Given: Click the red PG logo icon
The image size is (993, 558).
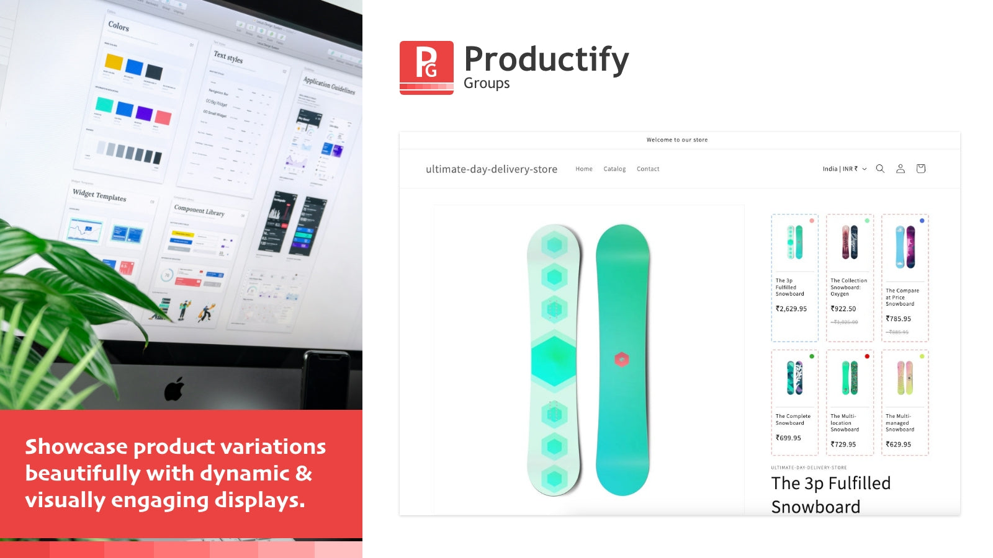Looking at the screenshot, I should (x=426, y=67).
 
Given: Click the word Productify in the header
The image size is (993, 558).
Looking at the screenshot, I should (x=546, y=60).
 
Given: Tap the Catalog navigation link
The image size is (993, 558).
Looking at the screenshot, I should (x=614, y=169).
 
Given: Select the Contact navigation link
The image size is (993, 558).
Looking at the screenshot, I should (x=648, y=169).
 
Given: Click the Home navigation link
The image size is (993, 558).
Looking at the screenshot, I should (x=583, y=169).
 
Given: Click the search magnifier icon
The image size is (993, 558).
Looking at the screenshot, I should (x=880, y=169).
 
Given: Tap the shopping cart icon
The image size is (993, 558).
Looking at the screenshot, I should (x=920, y=169).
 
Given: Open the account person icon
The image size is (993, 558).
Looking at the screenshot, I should (x=900, y=169).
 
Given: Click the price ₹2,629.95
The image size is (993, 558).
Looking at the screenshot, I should (x=791, y=309).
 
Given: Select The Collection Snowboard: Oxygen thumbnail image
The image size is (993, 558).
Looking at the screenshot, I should (x=850, y=242).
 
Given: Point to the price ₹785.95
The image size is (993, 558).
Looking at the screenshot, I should (x=898, y=319).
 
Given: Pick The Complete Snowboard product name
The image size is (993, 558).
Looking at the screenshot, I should (x=793, y=420).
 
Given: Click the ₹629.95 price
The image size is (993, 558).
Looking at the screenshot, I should (x=898, y=445).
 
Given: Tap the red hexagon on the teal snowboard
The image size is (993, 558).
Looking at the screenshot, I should (x=622, y=359).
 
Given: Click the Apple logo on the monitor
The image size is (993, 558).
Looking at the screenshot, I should (x=174, y=389).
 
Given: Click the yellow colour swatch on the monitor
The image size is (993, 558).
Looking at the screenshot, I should (x=114, y=61).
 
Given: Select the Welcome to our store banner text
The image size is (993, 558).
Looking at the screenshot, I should (x=676, y=140).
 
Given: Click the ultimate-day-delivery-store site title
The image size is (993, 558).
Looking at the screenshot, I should (x=491, y=169).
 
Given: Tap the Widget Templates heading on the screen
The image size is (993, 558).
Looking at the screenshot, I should (x=99, y=195).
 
